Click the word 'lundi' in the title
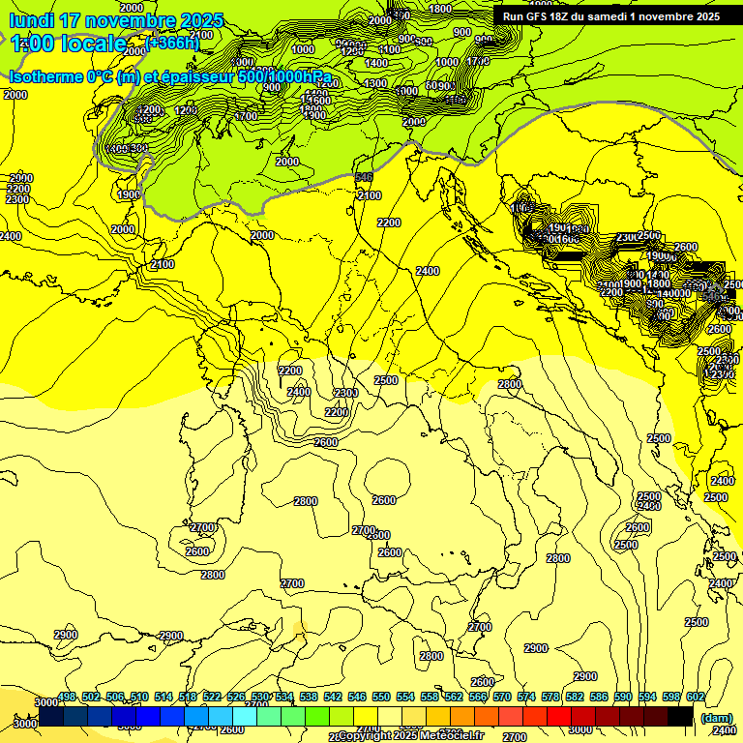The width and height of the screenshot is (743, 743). click(31, 20)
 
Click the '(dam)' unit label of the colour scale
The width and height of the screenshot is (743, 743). click(717, 718)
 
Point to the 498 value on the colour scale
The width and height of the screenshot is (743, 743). click(67, 698)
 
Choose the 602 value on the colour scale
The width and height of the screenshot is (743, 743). click(695, 698)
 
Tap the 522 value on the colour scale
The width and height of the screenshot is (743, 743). click(212, 698)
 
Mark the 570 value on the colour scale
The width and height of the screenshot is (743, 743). click(501, 698)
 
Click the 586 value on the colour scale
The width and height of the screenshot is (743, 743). click(598, 698)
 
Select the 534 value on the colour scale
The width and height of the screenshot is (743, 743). click(284, 698)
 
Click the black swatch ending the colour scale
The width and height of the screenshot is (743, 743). click(681, 716)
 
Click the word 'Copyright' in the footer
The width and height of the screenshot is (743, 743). click(367, 736)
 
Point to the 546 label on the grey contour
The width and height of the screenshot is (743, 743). click(364, 177)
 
